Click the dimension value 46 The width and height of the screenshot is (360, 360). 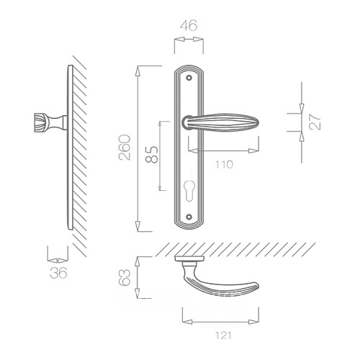pos(189,25)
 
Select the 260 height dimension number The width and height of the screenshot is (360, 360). pos(125,148)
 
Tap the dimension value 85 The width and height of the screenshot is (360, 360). pos(152,154)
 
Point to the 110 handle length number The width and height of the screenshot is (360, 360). pos(224,165)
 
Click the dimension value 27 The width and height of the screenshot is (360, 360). pos(315,122)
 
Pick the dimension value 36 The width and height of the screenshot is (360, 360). pos(58,273)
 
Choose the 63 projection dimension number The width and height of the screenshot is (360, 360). pos(125,278)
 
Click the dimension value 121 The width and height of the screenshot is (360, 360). pos(223,336)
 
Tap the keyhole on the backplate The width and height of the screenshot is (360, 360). pos(189,189)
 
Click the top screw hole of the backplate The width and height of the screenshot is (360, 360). pos(189,78)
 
